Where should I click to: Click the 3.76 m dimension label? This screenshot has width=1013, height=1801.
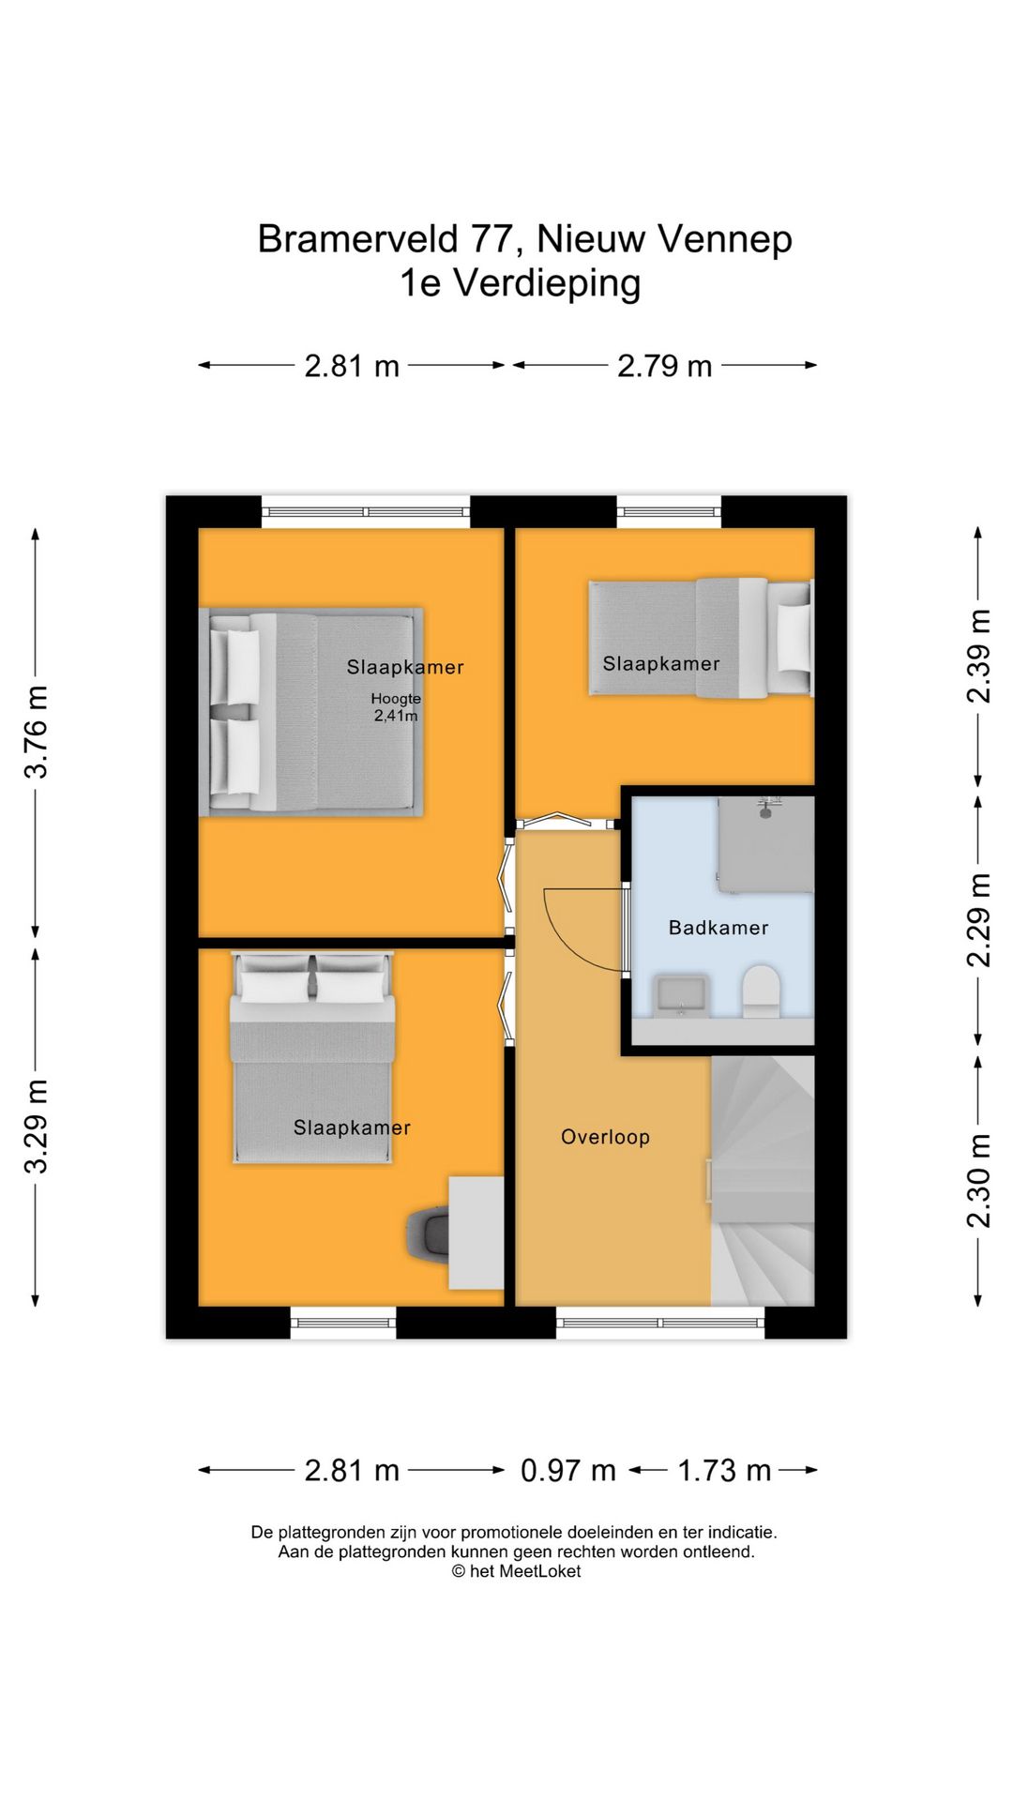[x=36, y=732]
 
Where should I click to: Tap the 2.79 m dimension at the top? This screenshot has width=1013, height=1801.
[x=664, y=366]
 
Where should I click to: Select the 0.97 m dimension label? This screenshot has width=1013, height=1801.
[x=567, y=1470]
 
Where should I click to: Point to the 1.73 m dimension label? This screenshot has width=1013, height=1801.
[x=723, y=1470]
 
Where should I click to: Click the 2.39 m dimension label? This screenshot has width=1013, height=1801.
[x=978, y=656]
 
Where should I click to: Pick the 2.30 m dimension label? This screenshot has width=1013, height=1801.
[x=978, y=1180]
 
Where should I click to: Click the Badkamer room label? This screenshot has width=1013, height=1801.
[x=718, y=928]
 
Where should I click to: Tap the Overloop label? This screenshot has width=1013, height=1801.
[x=605, y=1137]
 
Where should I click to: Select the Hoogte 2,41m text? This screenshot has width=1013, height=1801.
[x=396, y=707]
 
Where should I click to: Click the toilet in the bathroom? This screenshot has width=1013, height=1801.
[x=761, y=991]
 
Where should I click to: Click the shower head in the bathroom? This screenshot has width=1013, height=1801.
[x=768, y=805]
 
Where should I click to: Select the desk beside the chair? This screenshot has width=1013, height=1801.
[x=476, y=1233]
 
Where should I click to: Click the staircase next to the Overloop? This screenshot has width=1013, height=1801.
[x=762, y=1182]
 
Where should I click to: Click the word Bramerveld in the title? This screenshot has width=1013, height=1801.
[x=357, y=239]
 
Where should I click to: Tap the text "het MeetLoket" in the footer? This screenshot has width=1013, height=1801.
[x=524, y=1571]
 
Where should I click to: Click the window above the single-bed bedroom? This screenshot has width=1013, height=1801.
[x=669, y=511]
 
